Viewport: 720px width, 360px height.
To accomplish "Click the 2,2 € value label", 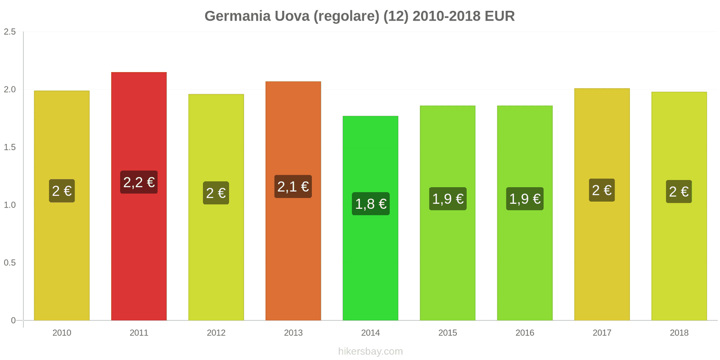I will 139,182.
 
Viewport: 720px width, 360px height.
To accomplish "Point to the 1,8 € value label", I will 370,204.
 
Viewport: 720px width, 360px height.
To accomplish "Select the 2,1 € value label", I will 293,186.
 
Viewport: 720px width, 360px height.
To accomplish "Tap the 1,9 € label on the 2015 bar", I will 448,199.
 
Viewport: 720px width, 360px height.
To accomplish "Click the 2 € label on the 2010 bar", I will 62,191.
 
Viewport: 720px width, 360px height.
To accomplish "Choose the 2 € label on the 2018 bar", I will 679,192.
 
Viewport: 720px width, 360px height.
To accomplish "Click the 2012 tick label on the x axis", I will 216,333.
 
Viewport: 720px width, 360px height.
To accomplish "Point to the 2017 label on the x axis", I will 602,333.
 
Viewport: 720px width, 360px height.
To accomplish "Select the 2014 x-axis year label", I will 370,333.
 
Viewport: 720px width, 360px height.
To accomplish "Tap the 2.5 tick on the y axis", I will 10,32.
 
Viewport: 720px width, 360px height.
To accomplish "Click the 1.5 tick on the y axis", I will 10,148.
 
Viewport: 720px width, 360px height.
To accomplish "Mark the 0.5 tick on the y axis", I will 10,263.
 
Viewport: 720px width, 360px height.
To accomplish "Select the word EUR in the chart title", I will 499,16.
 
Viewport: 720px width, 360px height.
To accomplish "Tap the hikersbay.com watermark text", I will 370,351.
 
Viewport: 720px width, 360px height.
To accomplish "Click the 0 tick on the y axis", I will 13,320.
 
